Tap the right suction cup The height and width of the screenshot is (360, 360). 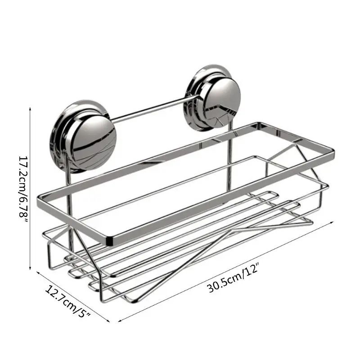tap(212, 98)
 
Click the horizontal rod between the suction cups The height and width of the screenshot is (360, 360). tap(152, 109)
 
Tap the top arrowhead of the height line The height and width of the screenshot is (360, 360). tap(30, 108)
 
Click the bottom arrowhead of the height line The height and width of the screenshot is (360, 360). tap(30, 268)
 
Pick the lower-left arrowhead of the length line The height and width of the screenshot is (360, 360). tap(120, 321)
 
